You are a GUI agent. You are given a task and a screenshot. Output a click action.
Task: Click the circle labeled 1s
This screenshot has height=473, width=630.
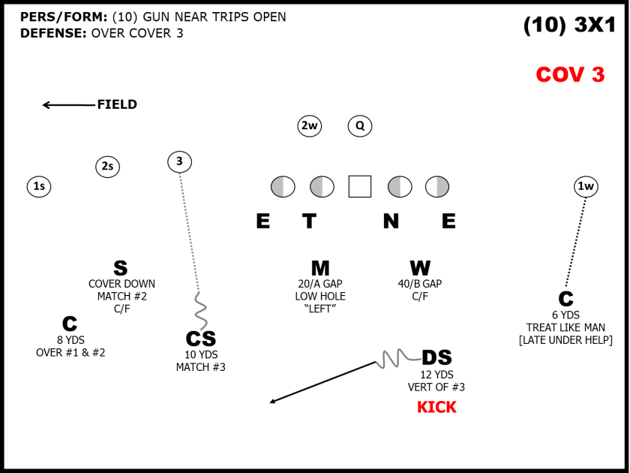(x=39, y=186)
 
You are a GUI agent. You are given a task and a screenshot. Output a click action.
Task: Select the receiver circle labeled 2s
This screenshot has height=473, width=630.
(x=107, y=167)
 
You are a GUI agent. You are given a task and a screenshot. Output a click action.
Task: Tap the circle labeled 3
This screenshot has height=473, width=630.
(x=179, y=161)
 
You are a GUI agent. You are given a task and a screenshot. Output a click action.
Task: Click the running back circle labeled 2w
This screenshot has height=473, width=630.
(x=309, y=126)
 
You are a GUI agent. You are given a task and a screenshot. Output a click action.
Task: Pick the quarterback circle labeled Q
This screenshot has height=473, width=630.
(x=360, y=126)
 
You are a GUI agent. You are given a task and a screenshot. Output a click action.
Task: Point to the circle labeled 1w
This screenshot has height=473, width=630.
(x=586, y=186)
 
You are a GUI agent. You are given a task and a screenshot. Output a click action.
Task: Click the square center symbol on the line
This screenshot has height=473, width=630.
(x=360, y=186)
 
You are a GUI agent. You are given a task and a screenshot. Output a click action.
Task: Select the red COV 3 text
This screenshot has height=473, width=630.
(x=570, y=75)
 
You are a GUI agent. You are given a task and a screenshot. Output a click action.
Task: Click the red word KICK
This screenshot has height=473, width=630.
(x=436, y=408)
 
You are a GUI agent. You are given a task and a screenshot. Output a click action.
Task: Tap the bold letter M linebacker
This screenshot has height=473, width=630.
(x=320, y=269)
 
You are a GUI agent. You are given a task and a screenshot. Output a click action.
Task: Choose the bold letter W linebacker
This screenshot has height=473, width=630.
(x=420, y=269)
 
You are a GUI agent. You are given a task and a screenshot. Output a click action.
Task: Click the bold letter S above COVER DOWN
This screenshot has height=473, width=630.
(x=121, y=269)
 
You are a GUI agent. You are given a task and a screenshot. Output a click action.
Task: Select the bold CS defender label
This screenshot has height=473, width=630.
(x=200, y=339)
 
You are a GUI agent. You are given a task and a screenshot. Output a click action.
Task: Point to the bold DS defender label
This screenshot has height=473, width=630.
(x=436, y=358)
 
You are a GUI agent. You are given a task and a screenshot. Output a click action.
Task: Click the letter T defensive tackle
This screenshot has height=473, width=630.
(x=309, y=221)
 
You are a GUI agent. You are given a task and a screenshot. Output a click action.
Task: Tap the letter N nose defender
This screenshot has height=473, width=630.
(x=391, y=221)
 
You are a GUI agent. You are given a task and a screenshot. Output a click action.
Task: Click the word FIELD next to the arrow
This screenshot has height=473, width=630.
(x=117, y=104)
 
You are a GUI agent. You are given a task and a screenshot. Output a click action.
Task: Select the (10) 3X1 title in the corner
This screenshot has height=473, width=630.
(x=569, y=26)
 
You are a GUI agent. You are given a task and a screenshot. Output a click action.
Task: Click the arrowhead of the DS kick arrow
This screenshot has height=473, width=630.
(x=273, y=402)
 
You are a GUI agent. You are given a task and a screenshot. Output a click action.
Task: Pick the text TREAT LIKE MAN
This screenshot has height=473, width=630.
(x=565, y=327)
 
